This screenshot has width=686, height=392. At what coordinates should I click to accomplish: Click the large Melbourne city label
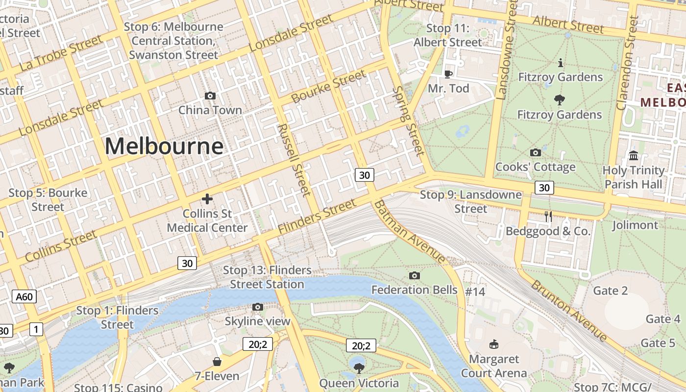tap(164, 146)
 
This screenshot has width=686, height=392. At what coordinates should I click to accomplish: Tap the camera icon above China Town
tap(210, 96)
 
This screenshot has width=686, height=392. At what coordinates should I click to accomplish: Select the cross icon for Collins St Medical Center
tap(207, 198)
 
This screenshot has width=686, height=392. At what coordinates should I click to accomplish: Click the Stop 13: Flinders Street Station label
tap(267, 277)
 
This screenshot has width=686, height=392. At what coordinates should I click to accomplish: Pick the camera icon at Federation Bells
tap(415, 275)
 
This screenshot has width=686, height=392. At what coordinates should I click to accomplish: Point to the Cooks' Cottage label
tap(535, 167)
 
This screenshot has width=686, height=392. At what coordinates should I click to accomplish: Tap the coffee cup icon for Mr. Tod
tap(448, 74)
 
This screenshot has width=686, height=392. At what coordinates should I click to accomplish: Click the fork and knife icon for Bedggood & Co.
tap(548, 216)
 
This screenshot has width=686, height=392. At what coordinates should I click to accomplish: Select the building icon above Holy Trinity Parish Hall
tap(634, 155)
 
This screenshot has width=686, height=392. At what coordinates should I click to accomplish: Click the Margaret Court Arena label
tap(494, 366)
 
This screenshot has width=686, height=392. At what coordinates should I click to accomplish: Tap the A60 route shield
tap(24, 296)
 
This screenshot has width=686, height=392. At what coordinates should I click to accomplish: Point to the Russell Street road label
tap(294, 160)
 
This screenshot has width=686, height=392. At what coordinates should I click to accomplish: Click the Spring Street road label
tap(408, 121)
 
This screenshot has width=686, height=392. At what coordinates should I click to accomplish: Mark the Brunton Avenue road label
tap(569, 310)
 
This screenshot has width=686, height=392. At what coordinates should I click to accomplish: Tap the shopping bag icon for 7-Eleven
tap(217, 362)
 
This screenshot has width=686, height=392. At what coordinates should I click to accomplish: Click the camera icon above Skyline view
tap(258, 307)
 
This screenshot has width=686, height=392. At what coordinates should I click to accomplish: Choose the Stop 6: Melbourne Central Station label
tap(173, 41)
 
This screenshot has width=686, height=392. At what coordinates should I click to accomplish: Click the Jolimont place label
tap(635, 225)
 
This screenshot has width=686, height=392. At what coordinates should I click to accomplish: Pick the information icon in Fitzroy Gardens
tap(561, 63)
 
